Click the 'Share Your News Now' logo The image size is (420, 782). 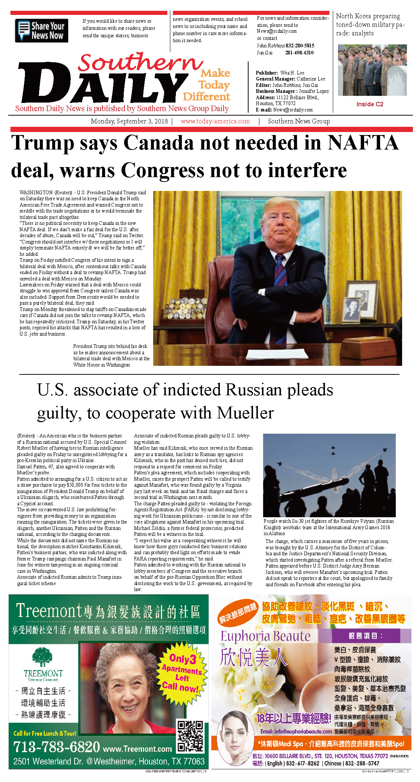click(x=41, y=31)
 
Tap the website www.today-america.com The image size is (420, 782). click(x=215, y=121)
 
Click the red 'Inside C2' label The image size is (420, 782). click(x=369, y=104)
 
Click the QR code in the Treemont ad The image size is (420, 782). click(x=190, y=736)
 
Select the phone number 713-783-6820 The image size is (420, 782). click(x=57, y=747)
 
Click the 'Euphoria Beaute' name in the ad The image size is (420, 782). click(x=265, y=636)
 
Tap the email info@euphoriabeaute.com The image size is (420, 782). click(x=296, y=731)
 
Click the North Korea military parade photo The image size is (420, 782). click(x=372, y=70)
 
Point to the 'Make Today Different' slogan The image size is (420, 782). click(x=207, y=85)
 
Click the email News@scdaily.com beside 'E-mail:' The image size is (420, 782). click(x=293, y=110)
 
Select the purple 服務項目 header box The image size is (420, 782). click(x=366, y=636)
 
